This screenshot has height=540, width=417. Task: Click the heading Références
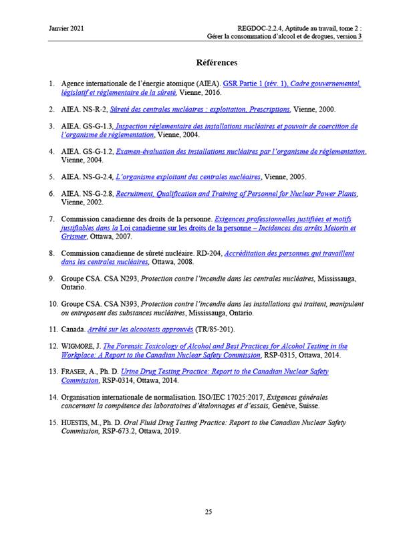click(217, 63)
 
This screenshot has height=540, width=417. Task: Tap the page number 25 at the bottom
click(208, 511)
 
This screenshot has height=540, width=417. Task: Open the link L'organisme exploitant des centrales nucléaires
click(188, 177)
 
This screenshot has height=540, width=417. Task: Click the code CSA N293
click(121, 278)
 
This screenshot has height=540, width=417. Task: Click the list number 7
click(51, 219)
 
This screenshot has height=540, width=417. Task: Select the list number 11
click(51, 329)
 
